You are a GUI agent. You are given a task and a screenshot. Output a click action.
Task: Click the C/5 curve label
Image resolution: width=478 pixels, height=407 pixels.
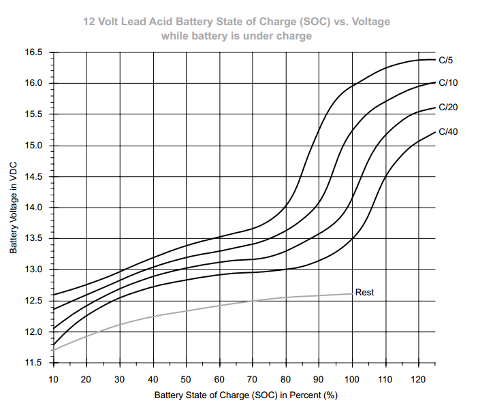coord(446,60)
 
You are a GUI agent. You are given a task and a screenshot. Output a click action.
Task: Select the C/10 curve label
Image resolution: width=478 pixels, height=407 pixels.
coord(448,83)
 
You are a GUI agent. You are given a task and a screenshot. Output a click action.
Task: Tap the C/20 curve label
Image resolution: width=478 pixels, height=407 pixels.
coord(448,107)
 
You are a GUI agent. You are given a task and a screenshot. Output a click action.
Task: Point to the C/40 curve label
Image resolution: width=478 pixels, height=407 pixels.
coord(448,131)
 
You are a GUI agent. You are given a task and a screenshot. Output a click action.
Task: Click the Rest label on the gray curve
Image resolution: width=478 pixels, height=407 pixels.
coord(365,293)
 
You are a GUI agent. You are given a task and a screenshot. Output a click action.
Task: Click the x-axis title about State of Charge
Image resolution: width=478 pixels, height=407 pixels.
coord(246,395)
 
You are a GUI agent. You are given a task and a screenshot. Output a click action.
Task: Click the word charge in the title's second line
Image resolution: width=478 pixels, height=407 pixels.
coord(296,35)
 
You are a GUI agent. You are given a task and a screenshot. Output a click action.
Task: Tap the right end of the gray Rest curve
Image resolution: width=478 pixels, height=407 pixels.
coord(352,293)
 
